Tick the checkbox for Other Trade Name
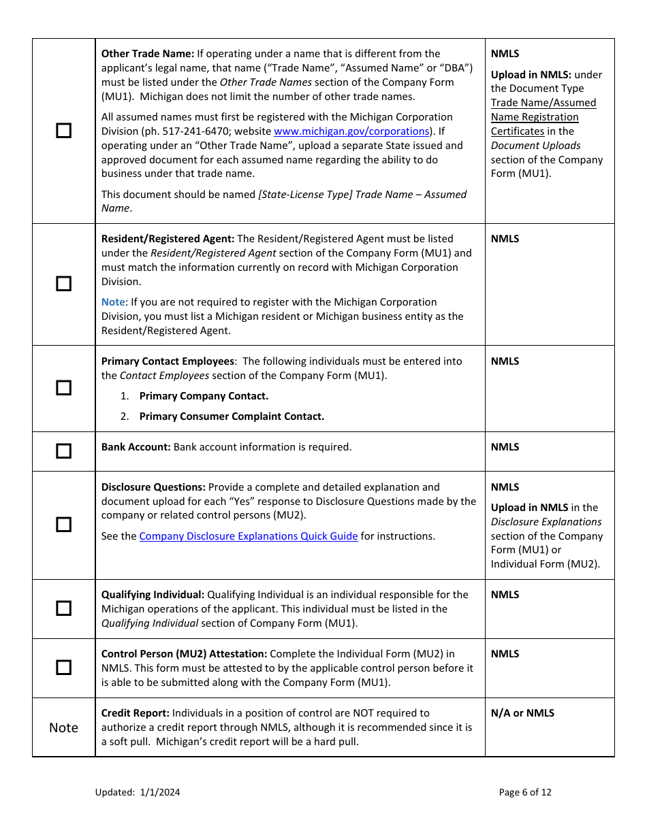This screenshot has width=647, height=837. pyautogui.click(x=63, y=131)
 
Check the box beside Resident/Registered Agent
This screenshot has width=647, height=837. pyautogui.click(x=63, y=284)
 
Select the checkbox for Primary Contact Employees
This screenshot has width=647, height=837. pyautogui.click(x=63, y=388)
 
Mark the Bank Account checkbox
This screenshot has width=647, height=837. pyautogui.click(x=63, y=451)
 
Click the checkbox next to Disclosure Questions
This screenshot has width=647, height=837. pyautogui.click(x=63, y=525)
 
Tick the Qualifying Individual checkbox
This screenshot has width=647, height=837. pyautogui.click(x=63, y=608)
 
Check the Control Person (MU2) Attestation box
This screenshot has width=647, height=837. pyautogui.click(x=63, y=668)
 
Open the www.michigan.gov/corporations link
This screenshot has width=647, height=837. pyautogui.click(x=351, y=131)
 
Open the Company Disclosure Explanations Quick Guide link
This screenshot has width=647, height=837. pyautogui.click(x=249, y=536)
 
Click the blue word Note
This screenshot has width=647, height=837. pyautogui.click(x=114, y=302)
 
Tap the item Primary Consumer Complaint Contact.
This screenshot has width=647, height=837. pyautogui.click(x=232, y=416)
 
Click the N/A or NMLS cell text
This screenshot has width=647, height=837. pyautogui.click(x=522, y=713)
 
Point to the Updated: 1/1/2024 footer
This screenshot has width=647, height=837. pyautogui.click(x=138, y=792)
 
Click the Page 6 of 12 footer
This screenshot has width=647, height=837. pyautogui.click(x=525, y=792)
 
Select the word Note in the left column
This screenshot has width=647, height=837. pyautogui.click(x=63, y=727)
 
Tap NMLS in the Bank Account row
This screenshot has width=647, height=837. pyautogui.click(x=505, y=447)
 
